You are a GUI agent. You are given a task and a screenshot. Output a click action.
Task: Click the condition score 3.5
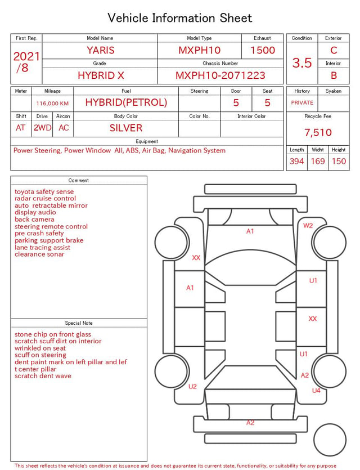(x=302, y=62)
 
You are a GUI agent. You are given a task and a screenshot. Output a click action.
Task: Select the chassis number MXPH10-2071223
(x=220, y=75)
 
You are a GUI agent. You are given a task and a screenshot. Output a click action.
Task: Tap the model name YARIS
(x=101, y=50)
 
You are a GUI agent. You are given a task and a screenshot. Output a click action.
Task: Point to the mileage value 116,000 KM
(x=52, y=104)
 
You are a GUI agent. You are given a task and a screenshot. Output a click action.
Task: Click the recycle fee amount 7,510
(x=318, y=132)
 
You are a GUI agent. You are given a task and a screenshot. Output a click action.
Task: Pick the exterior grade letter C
(x=334, y=50)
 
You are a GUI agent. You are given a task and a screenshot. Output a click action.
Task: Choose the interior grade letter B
(x=334, y=75)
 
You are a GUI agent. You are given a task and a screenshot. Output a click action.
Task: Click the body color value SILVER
(x=126, y=128)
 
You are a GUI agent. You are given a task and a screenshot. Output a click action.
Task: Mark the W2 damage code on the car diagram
(x=308, y=225)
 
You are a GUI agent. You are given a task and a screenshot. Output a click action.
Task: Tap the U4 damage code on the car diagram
(x=316, y=390)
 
